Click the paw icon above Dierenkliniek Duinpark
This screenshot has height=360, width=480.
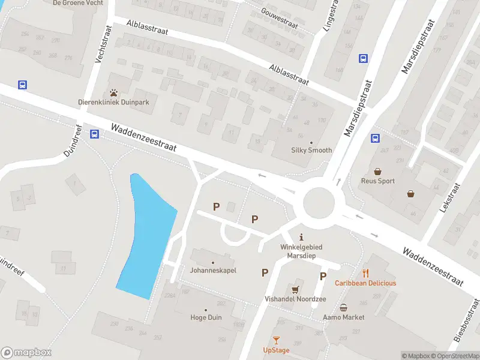coord(113,93)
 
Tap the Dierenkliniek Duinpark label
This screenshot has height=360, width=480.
coord(113,102)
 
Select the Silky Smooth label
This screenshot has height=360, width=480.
coord(311,150)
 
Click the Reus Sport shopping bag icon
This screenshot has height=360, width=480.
coord(378,171)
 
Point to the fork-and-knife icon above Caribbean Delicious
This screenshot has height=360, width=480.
coord(365,274)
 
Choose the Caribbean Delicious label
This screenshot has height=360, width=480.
coord(365,283)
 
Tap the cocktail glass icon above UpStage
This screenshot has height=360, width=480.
coord(276,340)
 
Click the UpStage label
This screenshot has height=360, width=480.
coord(276,350)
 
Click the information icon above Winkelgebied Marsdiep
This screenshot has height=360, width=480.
coord(302,236)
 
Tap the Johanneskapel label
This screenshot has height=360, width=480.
coord(213,270)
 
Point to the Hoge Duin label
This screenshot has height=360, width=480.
coord(206,317)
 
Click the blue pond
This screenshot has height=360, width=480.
coord(146,234)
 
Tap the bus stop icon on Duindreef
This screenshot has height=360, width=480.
coord(94,134)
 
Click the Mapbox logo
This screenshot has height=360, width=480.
coord(26,353)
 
